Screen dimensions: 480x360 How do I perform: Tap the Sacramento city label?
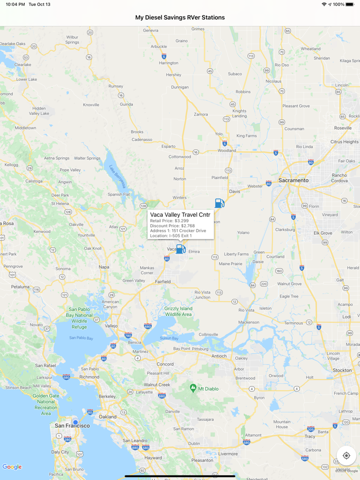294,180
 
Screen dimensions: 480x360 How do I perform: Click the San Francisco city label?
72,426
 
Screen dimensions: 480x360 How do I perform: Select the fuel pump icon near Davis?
220,203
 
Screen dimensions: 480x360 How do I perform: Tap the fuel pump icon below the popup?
181,249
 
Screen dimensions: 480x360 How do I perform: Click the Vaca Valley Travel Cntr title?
180,214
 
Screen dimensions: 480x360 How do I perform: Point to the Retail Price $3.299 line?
169,220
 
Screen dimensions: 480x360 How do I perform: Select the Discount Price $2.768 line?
172,226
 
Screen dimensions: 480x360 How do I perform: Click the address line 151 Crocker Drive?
178,231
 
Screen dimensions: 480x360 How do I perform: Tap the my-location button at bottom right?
346,455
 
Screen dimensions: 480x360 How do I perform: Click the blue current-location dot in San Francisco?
76,422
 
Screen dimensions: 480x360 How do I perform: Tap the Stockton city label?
342,370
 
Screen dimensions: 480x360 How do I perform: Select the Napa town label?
104,267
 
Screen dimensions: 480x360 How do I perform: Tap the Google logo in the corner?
12,467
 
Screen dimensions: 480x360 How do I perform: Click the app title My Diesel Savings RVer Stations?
180,17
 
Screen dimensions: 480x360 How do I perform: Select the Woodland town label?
227,151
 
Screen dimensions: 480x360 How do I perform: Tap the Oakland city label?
108,416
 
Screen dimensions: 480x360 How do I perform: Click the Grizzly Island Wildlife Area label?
178,311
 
